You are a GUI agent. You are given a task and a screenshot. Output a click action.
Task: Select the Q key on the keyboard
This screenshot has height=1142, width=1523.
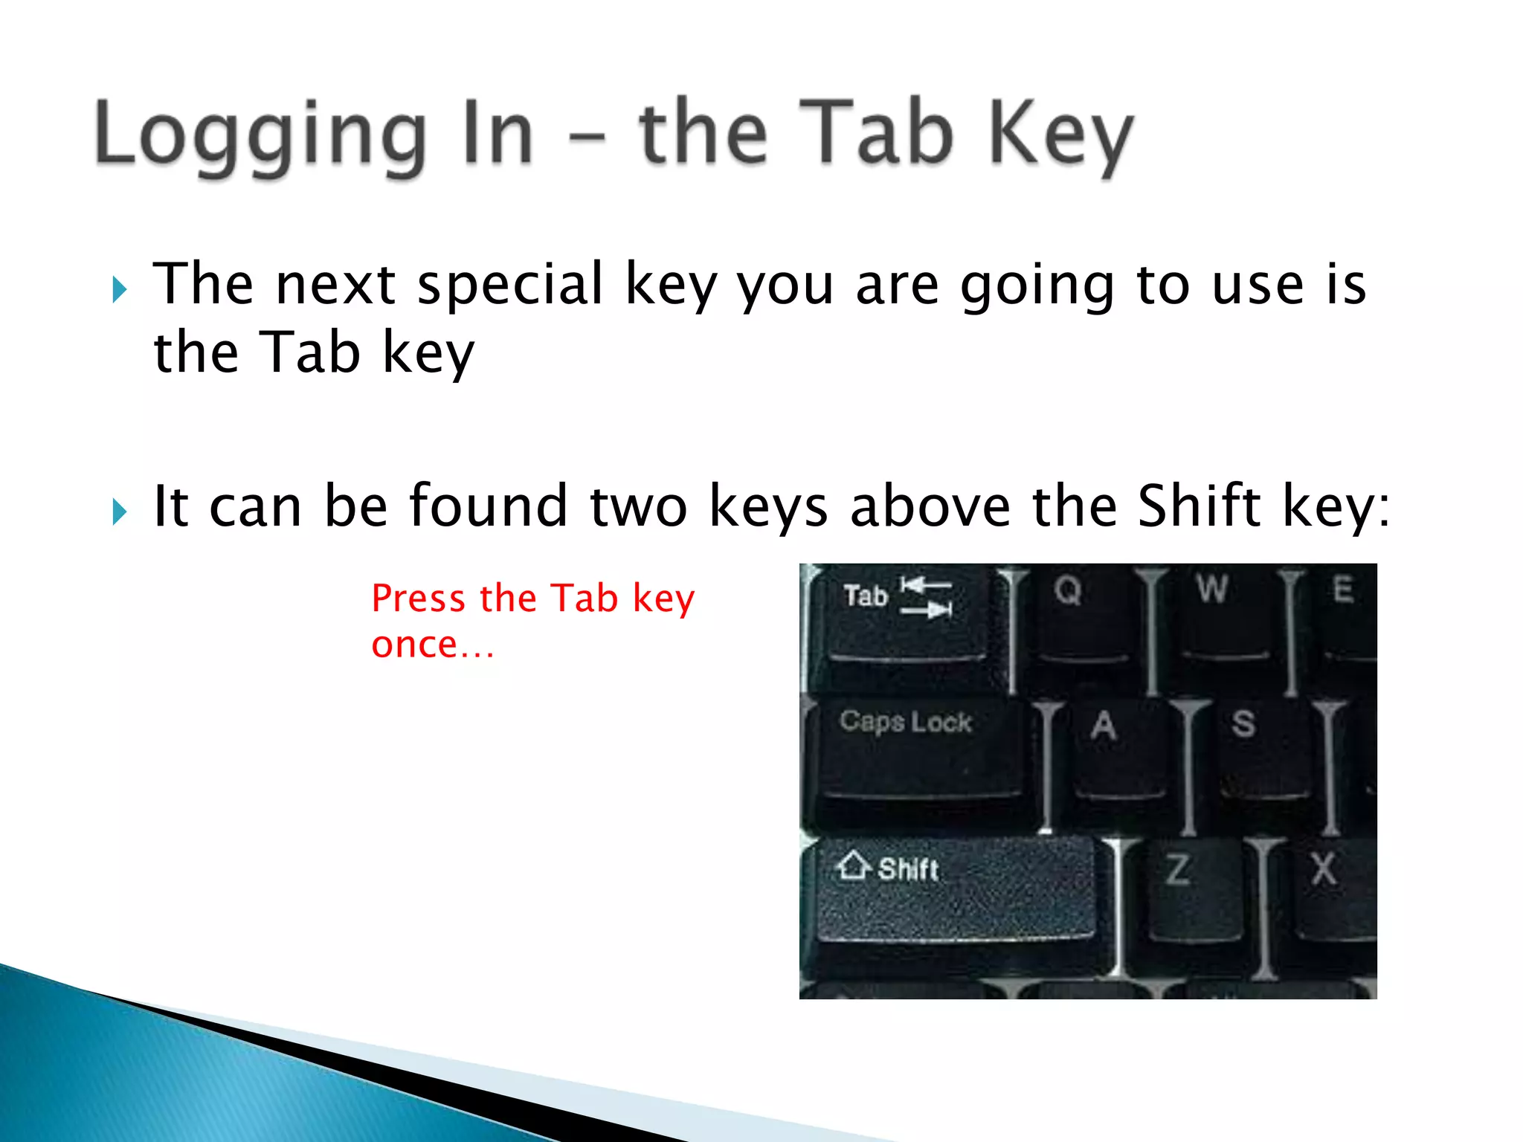click(x=1078, y=617)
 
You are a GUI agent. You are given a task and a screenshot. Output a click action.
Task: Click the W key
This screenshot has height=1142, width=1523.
click(x=1220, y=617)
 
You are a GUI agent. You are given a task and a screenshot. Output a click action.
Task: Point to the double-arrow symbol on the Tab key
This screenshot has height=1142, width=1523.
click(x=926, y=597)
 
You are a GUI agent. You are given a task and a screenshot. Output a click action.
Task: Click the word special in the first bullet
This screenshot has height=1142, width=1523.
click(x=510, y=285)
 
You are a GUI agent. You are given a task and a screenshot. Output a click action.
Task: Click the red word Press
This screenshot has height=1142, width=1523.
click(x=418, y=599)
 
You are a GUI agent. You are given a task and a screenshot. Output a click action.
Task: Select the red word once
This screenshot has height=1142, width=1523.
click(x=414, y=645)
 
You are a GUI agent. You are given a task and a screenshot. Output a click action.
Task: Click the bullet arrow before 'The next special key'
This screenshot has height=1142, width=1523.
click(x=120, y=289)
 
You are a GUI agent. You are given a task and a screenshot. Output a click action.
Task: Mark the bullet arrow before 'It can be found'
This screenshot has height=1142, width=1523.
click(x=120, y=512)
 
